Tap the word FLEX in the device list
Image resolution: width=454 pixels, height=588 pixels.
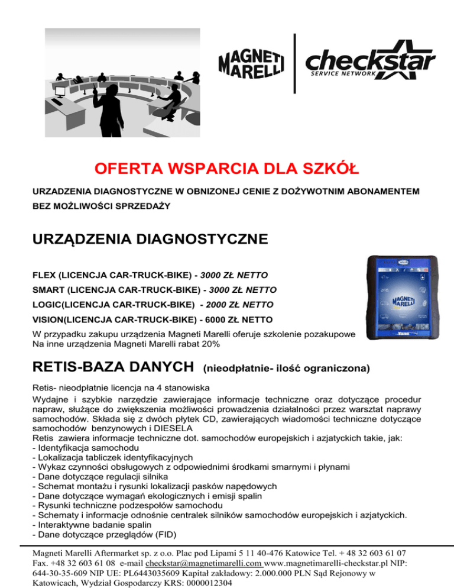pos(45,275)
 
